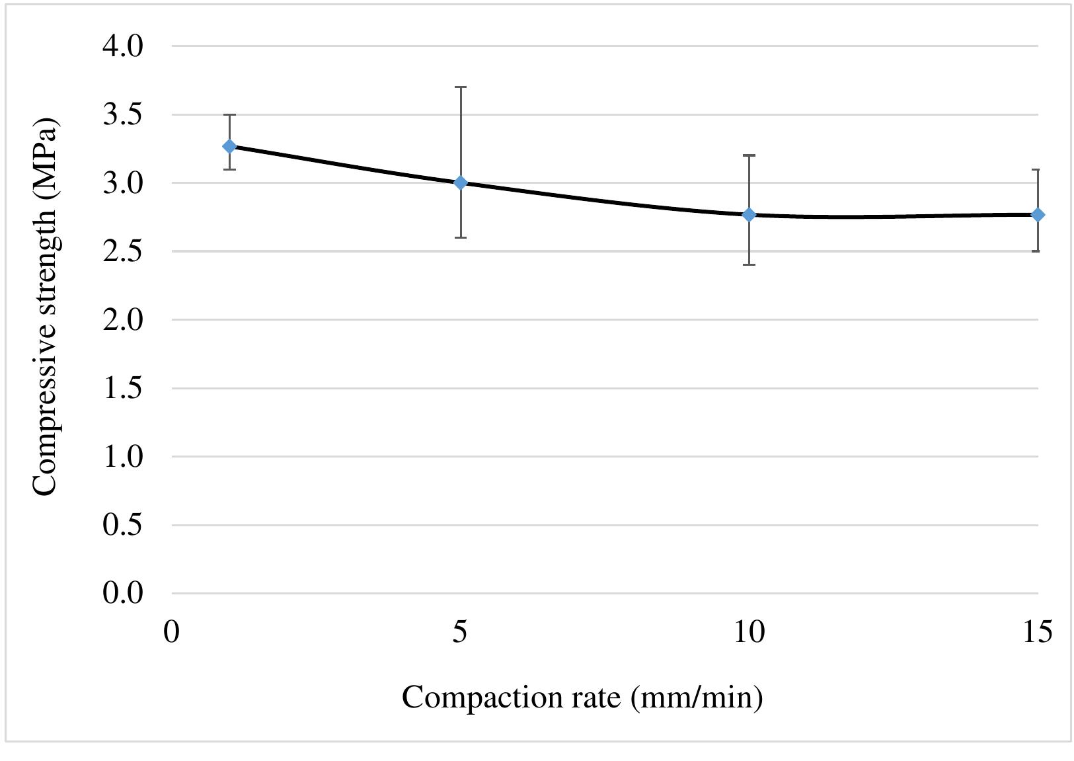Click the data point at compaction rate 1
229,146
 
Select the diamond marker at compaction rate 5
461,182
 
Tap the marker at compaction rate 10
749,215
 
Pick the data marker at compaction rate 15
1038,215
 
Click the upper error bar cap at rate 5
461,87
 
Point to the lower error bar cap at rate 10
749,264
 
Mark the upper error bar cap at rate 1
229,115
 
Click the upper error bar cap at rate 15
1038,170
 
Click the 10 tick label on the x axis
749,632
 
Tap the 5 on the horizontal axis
460,632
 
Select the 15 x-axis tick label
1036,632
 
